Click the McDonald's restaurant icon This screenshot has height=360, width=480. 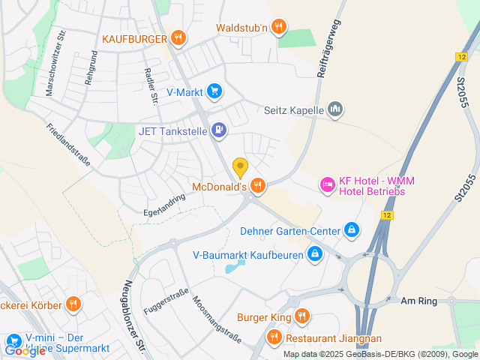tap(257, 184)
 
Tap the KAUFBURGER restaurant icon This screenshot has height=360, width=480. tap(178, 37)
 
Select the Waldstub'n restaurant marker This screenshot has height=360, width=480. tap(279, 28)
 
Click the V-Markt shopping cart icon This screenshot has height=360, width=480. tap(214, 91)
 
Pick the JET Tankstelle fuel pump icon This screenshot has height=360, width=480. tap(218, 130)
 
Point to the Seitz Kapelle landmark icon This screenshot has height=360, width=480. tap(335, 109)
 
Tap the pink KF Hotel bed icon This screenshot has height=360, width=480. tap(327, 183)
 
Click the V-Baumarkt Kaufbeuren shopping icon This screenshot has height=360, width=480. tap(315, 254)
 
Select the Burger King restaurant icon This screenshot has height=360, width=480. tap(301, 316)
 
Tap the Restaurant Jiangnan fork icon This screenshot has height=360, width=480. tap(274, 337)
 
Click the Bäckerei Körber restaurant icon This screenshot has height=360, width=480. tap(73, 304)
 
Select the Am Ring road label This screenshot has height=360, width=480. tap(418, 300)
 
